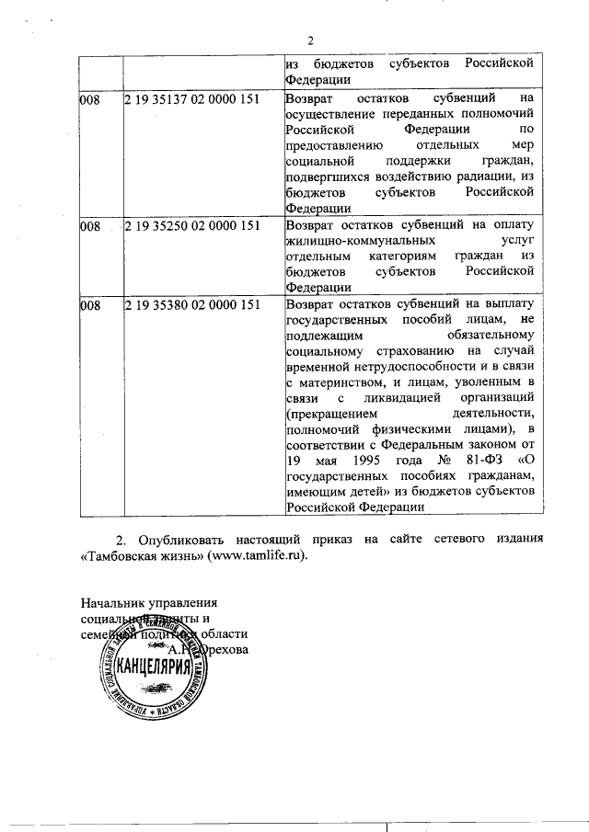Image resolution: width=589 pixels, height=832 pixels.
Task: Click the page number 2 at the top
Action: pyautogui.click(x=311, y=40)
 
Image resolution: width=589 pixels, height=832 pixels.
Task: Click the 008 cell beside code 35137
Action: pyautogui.click(x=89, y=97)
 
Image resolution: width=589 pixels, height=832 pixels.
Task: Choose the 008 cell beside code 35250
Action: pyautogui.click(x=89, y=225)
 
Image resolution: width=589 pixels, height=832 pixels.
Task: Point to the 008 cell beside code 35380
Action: pyautogui.click(x=89, y=304)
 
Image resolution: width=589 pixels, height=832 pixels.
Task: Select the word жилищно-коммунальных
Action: pyautogui.click(x=350, y=241)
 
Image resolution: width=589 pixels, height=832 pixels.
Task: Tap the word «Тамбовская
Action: pyautogui.click(x=119, y=556)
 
